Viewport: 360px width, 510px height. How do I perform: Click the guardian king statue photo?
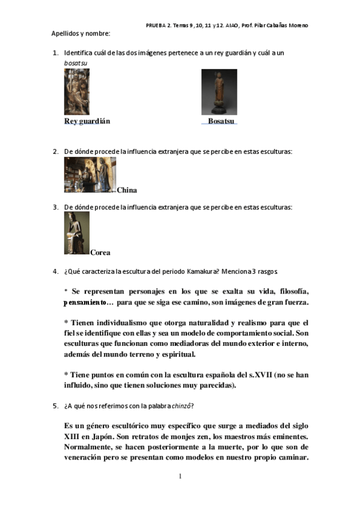pyautogui.click(x=77, y=91)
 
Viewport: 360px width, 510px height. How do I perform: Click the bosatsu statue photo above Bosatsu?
pyautogui.click(x=219, y=91)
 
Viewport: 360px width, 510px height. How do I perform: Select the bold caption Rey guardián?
pyautogui.click(x=87, y=121)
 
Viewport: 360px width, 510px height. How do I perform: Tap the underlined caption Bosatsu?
pyautogui.click(x=221, y=121)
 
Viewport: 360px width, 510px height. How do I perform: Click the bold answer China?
pyautogui.click(x=127, y=190)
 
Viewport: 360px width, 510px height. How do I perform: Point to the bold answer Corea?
pyautogui.click(x=100, y=253)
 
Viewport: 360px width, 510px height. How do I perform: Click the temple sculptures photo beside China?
pyautogui.click(x=90, y=175)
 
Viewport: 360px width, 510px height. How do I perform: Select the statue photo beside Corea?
pyautogui.click(x=77, y=233)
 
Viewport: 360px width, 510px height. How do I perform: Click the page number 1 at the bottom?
pyautogui.click(x=180, y=476)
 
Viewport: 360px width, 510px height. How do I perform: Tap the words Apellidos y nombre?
pyautogui.click(x=81, y=33)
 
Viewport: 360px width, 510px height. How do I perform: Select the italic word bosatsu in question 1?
pyautogui.click(x=76, y=63)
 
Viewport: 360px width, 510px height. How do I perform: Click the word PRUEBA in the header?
pyautogui.click(x=157, y=25)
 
